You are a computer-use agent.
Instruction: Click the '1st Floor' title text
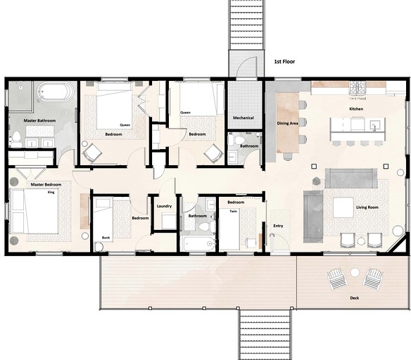284,62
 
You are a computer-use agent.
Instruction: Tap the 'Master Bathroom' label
39,121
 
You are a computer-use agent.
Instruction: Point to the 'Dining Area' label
287,123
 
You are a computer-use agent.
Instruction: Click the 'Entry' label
278,226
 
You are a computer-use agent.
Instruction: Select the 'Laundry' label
165,206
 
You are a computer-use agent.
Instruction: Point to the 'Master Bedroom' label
45,184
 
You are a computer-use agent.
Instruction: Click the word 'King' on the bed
51,191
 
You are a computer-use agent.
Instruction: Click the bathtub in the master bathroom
54,93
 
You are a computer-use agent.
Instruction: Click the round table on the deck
355,273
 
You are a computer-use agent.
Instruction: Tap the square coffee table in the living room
343,207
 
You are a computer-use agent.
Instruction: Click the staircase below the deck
266,334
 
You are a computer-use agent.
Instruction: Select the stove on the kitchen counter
358,88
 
